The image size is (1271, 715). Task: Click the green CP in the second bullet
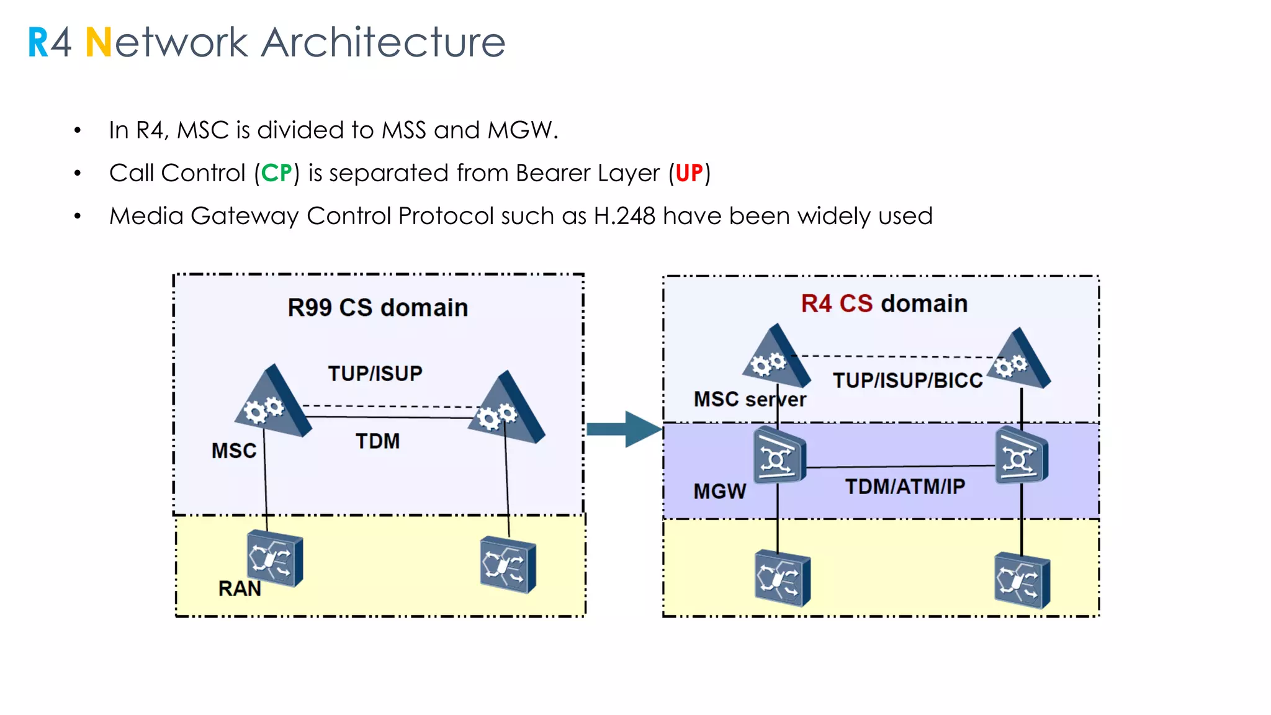point(276,173)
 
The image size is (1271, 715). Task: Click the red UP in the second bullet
point(689,173)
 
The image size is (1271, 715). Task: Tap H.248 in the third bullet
point(624,216)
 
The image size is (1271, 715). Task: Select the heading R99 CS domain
point(377,308)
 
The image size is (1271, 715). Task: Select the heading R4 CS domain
point(884,304)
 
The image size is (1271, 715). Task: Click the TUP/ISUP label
point(375,374)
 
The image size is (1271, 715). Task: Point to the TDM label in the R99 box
point(377,441)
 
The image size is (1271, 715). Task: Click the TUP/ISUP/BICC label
point(907,380)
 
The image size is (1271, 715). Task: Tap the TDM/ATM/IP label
point(905,487)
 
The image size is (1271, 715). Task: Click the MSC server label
point(749,399)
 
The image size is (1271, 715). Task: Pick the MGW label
point(719,492)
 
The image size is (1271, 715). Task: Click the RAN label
point(240,588)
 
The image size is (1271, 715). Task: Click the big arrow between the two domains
point(623,429)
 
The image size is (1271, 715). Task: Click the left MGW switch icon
point(779,457)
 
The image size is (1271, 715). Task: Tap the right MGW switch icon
point(1021,457)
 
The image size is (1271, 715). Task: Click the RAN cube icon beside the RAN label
point(275,558)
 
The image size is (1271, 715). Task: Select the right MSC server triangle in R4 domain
point(1018,361)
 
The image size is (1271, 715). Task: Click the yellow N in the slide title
point(98,43)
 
